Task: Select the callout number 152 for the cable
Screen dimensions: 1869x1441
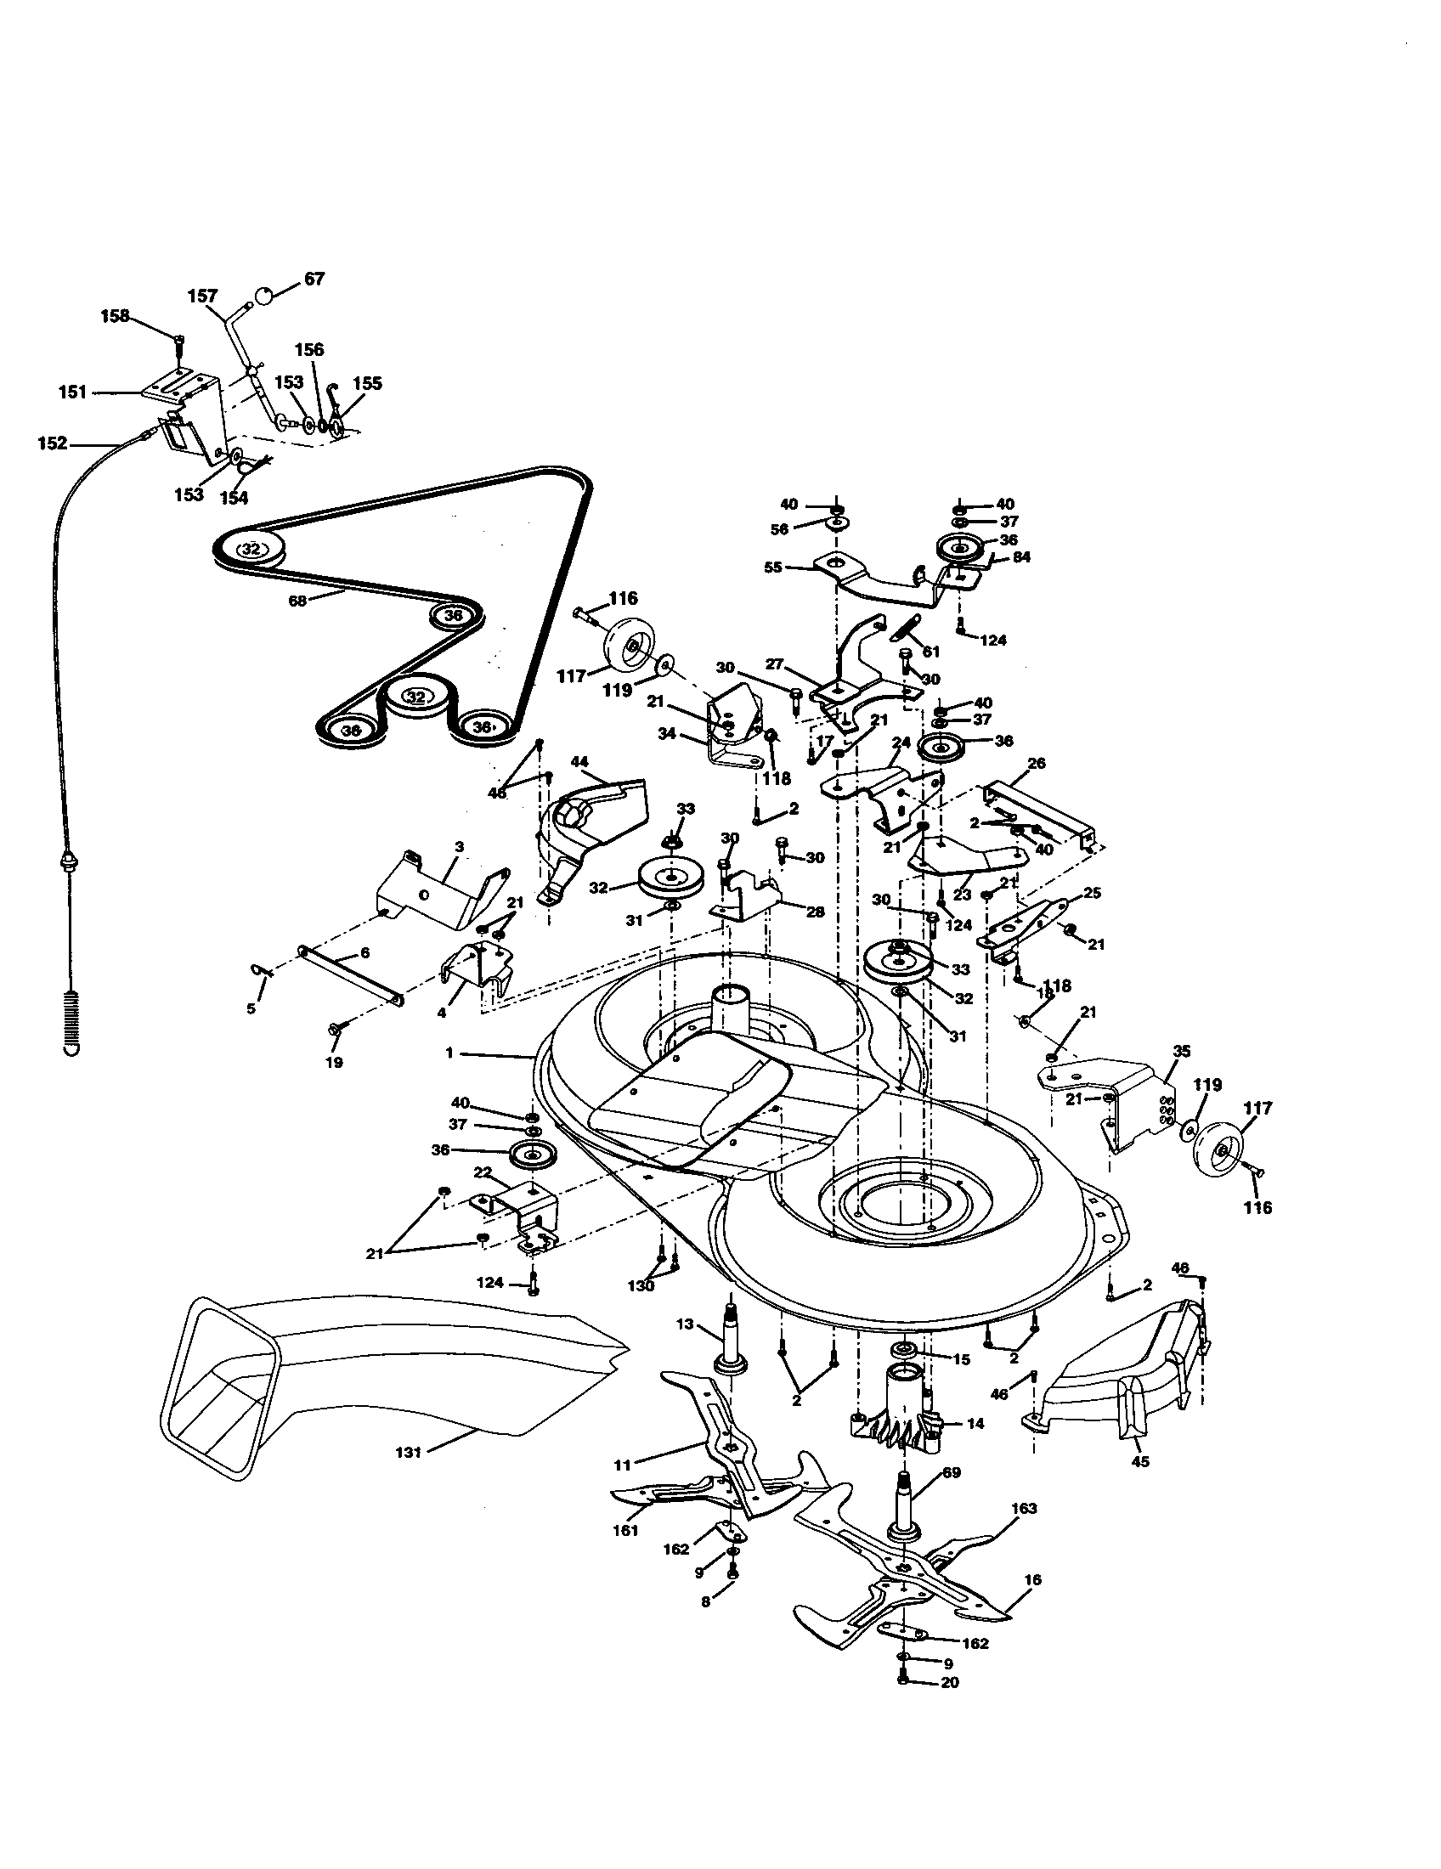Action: click(52, 443)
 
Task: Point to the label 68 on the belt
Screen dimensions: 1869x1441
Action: click(297, 601)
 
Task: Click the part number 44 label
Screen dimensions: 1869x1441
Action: click(579, 761)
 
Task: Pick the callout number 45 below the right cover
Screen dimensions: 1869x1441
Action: click(1139, 1462)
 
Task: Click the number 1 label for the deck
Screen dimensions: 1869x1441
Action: click(449, 1053)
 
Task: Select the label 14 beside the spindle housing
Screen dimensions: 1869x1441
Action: click(975, 1424)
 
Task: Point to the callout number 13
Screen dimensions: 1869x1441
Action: click(684, 1324)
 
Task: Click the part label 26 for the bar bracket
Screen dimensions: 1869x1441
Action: click(1036, 763)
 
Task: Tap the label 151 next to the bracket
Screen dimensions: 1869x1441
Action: click(73, 392)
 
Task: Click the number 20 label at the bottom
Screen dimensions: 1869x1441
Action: click(950, 1682)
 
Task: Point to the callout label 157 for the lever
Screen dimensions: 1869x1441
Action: click(203, 296)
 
